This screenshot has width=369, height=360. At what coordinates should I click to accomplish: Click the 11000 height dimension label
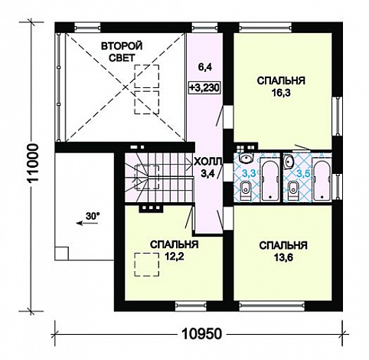coord(34,162)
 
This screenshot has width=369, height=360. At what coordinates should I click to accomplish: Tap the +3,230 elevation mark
coord(204,88)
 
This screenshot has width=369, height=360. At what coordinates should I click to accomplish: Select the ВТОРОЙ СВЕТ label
coord(122,52)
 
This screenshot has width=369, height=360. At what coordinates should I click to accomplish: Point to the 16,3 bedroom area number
coord(281,93)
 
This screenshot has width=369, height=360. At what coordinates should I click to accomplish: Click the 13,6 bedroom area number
coord(283,257)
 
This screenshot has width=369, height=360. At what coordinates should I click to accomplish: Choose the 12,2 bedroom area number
coord(175,256)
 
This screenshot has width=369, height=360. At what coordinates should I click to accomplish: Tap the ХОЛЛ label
coord(208,162)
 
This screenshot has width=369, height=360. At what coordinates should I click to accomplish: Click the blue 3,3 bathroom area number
coord(249,174)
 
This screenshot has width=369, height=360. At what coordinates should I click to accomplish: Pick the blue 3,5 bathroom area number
coord(303,174)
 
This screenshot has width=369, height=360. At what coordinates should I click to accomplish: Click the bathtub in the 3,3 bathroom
coord(270,179)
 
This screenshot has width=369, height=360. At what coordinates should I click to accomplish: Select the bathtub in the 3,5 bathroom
coord(322,179)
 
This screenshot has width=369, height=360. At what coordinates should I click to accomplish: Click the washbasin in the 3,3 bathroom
coord(246,159)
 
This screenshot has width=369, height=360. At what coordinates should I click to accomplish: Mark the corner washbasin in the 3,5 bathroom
coord(289,162)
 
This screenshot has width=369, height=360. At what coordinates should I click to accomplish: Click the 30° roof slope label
coord(93,216)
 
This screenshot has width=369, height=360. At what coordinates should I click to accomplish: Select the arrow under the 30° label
coord(87,224)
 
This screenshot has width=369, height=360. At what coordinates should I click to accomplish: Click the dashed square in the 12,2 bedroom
coord(147,264)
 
